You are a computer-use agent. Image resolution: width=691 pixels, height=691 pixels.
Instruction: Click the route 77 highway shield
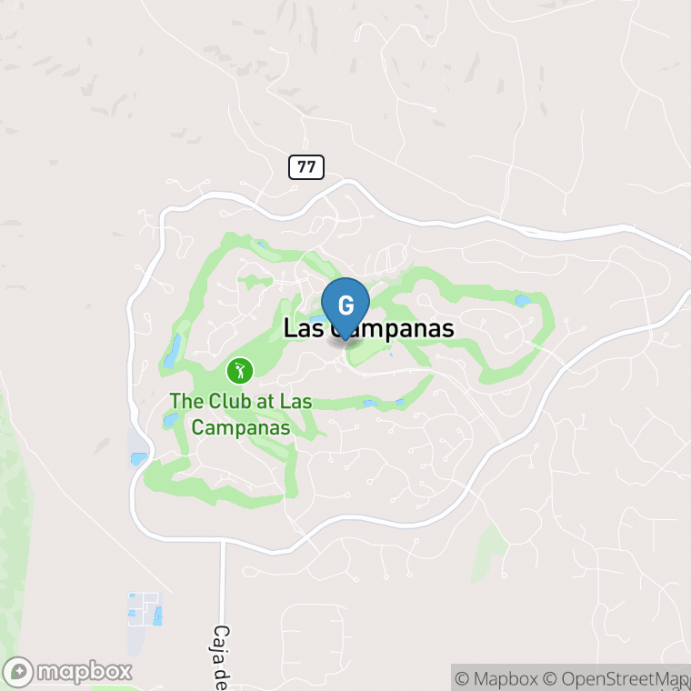point(306,166)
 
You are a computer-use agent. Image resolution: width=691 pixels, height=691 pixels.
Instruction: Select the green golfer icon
point(240,370)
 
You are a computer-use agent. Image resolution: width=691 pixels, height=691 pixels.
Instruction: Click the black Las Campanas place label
point(368,329)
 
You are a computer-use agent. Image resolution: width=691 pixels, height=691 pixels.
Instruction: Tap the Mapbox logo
point(68,672)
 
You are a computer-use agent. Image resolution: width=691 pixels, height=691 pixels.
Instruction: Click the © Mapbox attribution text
point(496,678)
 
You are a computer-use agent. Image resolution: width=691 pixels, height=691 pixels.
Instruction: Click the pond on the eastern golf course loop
point(523,300)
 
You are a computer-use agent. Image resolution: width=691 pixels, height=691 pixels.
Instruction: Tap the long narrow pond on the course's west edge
point(172,351)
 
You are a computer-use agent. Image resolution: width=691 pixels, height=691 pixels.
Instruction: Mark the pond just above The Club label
point(170,419)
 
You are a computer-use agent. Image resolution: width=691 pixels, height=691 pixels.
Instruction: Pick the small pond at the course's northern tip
point(262,245)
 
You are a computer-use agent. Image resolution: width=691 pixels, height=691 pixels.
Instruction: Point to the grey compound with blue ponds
point(144,609)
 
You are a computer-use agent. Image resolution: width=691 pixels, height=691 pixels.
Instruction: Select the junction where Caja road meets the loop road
point(222,540)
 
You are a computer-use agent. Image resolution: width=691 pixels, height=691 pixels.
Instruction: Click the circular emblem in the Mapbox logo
point(19,672)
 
